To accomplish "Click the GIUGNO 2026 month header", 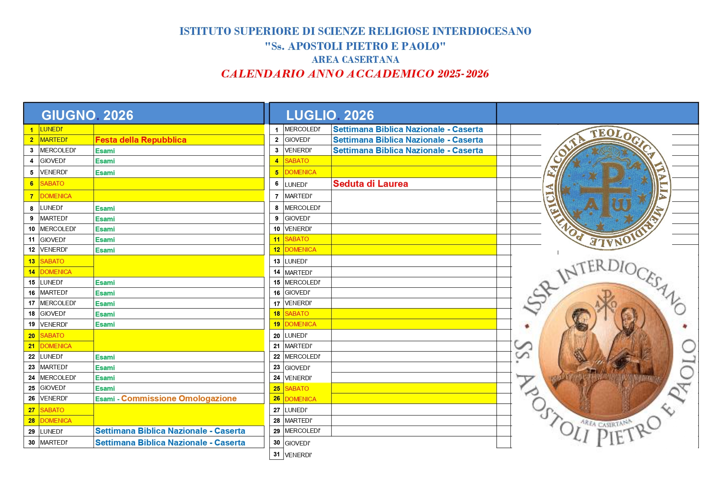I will tap(87, 115).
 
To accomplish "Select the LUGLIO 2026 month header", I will tap(330, 115).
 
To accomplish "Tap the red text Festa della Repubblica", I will tap(141, 140).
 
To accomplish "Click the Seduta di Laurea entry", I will tap(370, 184).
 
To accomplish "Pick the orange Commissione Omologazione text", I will tap(179, 398).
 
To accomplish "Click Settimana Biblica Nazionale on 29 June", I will tap(170, 431).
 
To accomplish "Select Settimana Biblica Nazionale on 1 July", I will tap(408, 129).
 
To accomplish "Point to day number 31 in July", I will tap(277, 454).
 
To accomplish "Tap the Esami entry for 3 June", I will tap(105, 151).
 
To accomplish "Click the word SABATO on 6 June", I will tap(52, 184).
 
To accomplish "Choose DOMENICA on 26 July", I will tap(300, 399).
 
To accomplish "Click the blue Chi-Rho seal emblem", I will tap(606, 188).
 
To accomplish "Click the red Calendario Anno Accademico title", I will tap(355, 74).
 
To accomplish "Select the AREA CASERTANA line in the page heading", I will tap(355, 60).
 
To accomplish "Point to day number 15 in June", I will tap(32, 283).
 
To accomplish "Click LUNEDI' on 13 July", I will tap(296, 261).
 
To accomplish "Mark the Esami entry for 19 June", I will tap(105, 324).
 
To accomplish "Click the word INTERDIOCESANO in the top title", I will tap(482, 31).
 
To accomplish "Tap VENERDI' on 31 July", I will tap(298, 455).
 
